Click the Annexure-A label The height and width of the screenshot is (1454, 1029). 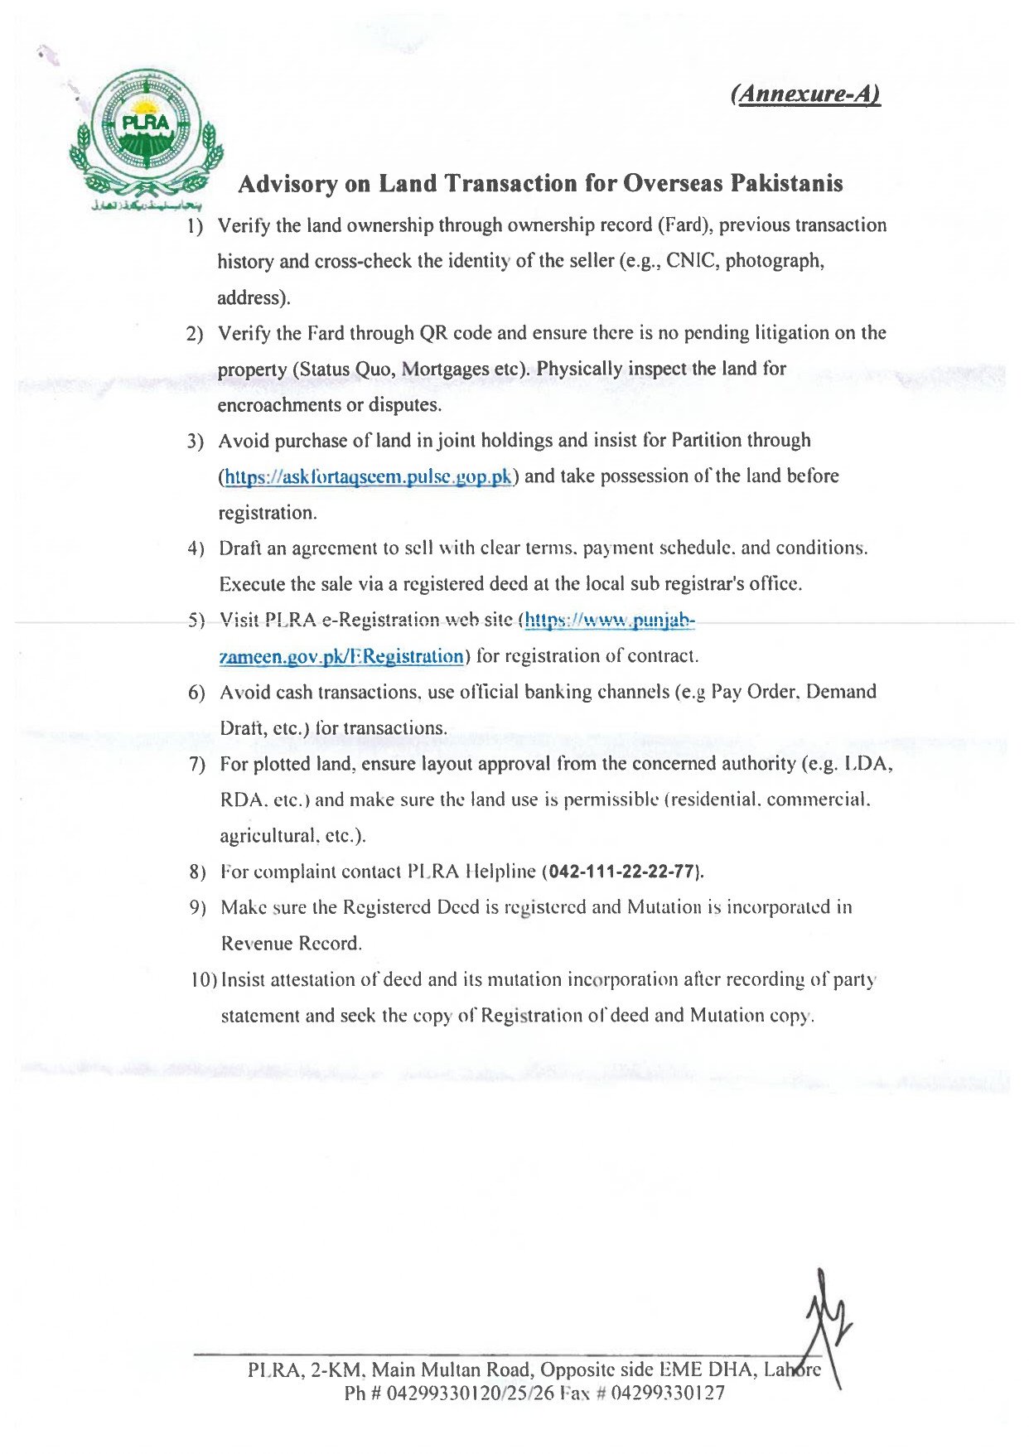click(x=805, y=94)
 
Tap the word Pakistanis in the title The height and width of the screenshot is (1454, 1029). click(x=786, y=183)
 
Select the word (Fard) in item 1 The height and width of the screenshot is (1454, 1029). click(x=684, y=225)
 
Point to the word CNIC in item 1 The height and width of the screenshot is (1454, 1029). click(x=693, y=261)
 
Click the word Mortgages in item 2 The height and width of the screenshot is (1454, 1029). click(x=444, y=369)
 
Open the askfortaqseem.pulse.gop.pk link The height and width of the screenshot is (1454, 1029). click(x=369, y=477)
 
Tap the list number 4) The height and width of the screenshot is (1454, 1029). click(x=196, y=548)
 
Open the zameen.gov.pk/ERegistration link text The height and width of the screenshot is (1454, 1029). click(x=341, y=657)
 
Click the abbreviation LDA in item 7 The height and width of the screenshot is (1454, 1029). click(x=867, y=764)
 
